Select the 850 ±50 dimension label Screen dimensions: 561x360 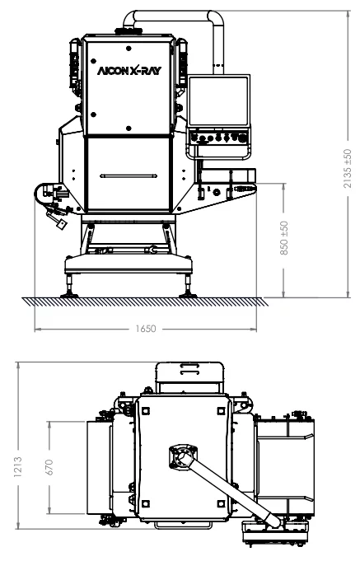pyautogui.click(x=285, y=239)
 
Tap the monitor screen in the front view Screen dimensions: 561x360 pyautogui.click(x=221, y=102)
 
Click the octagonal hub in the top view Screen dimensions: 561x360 pyautogui.click(x=183, y=455)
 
